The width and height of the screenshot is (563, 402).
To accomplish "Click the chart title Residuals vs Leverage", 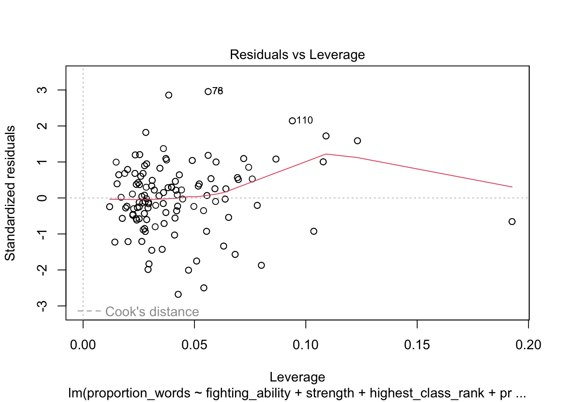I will pos(297,55).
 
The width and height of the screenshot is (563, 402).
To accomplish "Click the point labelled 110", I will pos(292,121).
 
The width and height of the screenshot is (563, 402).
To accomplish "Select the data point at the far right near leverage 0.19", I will pos(512,222).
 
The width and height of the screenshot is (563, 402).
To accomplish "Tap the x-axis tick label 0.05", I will pos(194,345).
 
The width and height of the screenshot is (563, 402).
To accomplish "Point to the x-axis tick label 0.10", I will pos(306,345).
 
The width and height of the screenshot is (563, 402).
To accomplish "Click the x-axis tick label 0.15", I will pos(417,345).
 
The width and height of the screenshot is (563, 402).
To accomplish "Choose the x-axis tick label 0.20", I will pos(528,345).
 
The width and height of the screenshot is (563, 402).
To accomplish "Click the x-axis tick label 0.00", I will pos(83,345).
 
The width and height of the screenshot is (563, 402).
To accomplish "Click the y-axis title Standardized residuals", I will pos(10,193).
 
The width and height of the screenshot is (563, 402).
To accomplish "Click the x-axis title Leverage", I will pos(297,377).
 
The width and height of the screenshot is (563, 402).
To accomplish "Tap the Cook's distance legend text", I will pos(152,312).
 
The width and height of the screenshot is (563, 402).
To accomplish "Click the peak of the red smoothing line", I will pos(326,154).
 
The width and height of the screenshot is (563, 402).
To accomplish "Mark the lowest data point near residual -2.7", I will pos(178,294).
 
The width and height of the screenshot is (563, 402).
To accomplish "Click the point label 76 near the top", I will pos(218,91).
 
